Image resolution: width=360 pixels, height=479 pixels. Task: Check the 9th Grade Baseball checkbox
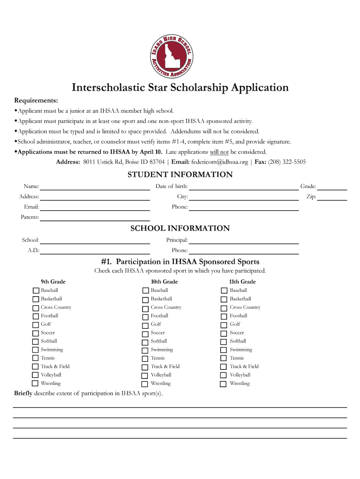pyautogui.click(x=36, y=290)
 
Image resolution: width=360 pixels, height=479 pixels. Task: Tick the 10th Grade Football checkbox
pyautogui.click(x=145, y=316)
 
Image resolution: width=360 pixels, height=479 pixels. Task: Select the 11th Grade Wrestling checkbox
pyautogui.click(x=224, y=384)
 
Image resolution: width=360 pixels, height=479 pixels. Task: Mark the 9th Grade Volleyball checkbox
pyautogui.click(x=36, y=375)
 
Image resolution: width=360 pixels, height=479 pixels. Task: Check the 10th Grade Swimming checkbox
pyautogui.click(x=145, y=350)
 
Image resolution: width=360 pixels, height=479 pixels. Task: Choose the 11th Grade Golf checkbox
pyautogui.click(x=224, y=325)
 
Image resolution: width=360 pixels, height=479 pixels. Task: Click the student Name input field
pyautogui.click(x=94, y=187)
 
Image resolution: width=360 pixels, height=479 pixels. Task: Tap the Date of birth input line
pyautogui.click(x=243, y=187)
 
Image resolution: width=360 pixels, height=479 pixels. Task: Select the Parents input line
pyautogui.click(x=94, y=218)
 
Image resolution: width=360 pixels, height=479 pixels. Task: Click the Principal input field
pyautogui.click(x=243, y=240)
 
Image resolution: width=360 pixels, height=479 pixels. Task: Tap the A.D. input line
pyautogui.click(x=94, y=251)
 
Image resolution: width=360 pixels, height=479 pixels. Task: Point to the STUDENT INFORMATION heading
pyautogui.click(x=180, y=175)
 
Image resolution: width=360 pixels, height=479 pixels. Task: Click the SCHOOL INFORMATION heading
pyautogui.click(x=180, y=229)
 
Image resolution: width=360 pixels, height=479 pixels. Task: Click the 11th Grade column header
pyautogui.click(x=242, y=282)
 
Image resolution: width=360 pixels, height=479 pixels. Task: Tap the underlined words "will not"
pyautogui.click(x=219, y=152)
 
